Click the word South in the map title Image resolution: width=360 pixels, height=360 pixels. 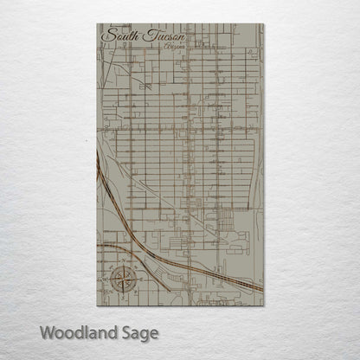coord(119,36)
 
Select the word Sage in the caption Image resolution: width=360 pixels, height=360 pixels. coord(139,332)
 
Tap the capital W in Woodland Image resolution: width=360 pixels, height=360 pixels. coord(48,331)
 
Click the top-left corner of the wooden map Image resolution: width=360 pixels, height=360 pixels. coord(94,24)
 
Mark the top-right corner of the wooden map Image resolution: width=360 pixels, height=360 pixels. coord(265,24)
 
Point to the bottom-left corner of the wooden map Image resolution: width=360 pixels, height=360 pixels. coord(94,307)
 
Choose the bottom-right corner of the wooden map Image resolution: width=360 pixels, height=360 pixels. coord(265,307)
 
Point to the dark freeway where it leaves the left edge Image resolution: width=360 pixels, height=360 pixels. coord(96,245)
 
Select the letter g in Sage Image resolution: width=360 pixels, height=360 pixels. coord(144,334)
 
